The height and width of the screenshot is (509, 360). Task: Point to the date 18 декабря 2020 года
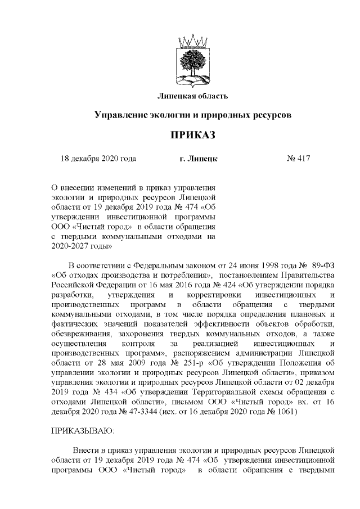click(x=98, y=159)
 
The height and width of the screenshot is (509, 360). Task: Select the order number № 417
click(x=299, y=159)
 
